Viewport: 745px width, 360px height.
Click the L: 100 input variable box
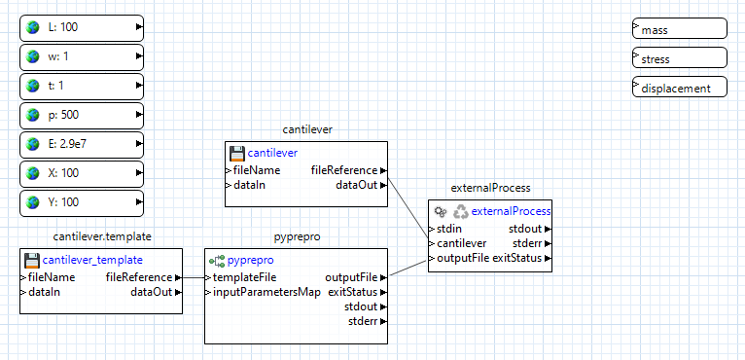pyautogui.click(x=82, y=27)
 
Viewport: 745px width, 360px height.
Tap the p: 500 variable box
pyautogui.click(x=82, y=115)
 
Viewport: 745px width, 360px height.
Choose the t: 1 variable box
pyautogui.click(x=82, y=86)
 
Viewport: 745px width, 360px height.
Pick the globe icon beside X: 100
pyautogui.click(x=34, y=173)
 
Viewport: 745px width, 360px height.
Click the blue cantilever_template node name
pyautogui.click(x=92, y=260)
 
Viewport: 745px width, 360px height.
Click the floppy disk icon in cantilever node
pyautogui.click(x=236, y=153)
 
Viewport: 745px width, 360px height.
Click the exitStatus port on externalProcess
pyautogui.click(x=523, y=258)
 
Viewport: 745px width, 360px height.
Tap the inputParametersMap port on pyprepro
pyautogui.click(x=266, y=292)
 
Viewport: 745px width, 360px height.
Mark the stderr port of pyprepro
pyautogui.click(x=364, y=320)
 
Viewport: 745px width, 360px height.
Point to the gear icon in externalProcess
pyautogui.click(x=441, y=211)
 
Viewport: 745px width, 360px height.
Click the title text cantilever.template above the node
pyautogui.click(x=102, y=236)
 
